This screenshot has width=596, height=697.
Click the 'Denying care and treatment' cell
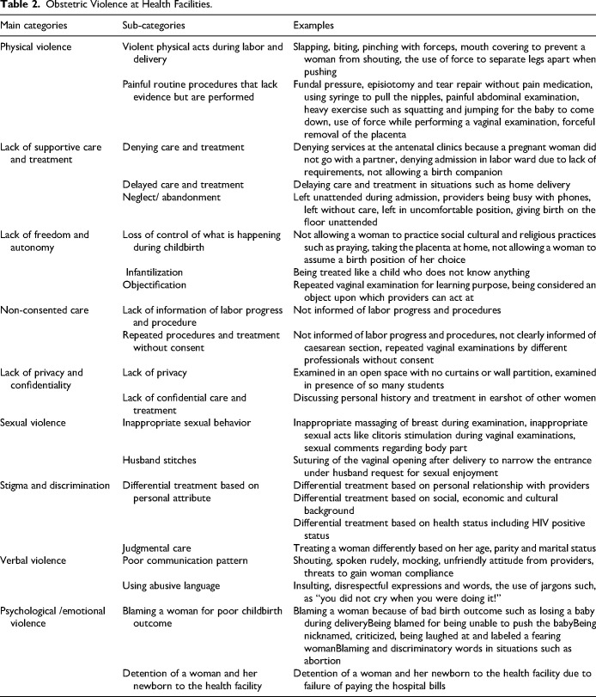click(179, 147)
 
